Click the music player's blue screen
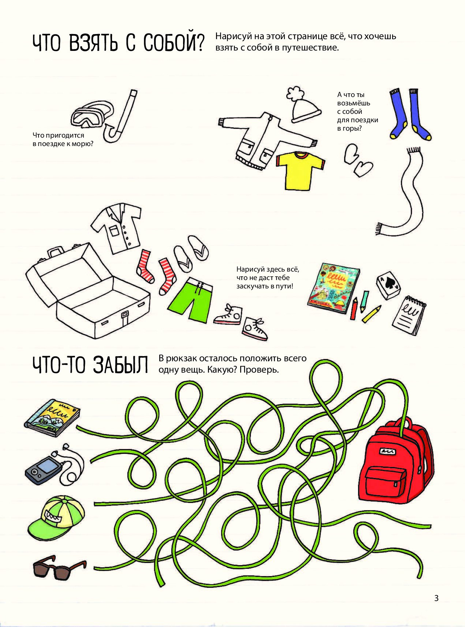[47, 466]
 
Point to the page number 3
[436, 598]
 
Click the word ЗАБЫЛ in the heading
[121, 365]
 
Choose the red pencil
[354, 309]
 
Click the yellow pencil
[372, 314]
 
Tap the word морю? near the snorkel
[82, 144]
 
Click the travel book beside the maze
[52, 418]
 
